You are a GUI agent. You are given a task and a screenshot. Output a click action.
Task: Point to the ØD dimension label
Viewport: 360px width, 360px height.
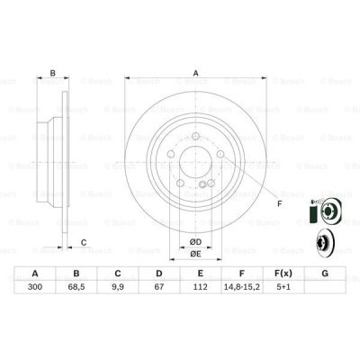point(194,238)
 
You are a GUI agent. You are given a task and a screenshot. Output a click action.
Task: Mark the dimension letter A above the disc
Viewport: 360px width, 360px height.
point(195,75)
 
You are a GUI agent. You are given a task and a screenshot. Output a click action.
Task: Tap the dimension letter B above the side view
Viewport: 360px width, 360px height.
point(52,75)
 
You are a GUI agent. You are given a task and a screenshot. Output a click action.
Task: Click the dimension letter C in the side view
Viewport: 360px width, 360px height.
point(83,241)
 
